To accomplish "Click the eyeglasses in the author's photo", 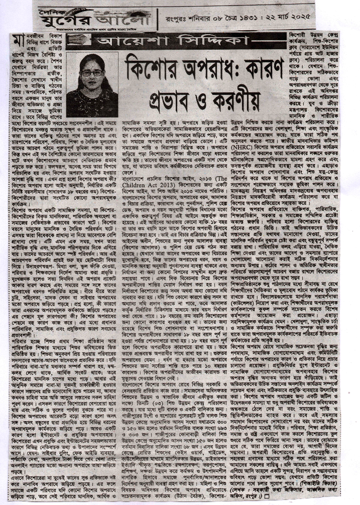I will [x=92, y=73].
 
